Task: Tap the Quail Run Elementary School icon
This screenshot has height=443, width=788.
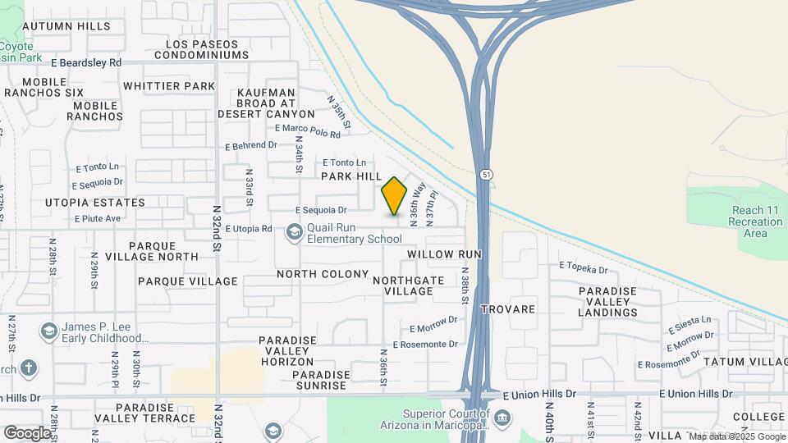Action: coord(294,233)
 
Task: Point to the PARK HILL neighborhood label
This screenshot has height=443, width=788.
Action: coord(351,176)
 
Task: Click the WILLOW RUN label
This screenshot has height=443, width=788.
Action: coord(443,255)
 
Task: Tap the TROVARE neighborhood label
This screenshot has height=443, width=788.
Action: coord(507,310)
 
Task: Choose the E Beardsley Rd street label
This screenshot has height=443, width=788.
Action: coord(85,62)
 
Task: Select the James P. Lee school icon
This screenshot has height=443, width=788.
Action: coord(48,331)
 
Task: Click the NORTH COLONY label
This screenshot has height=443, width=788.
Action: coord(323,274)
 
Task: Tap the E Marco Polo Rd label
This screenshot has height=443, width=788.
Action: coord(307,130)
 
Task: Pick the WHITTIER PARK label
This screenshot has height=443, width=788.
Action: coord(168,86)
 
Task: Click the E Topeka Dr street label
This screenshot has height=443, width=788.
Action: coord(583,267)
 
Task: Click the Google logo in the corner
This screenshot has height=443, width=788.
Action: coord(27,432)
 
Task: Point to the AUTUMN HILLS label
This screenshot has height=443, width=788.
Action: coord(66,26)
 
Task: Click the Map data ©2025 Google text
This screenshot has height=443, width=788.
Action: coord(737,436)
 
